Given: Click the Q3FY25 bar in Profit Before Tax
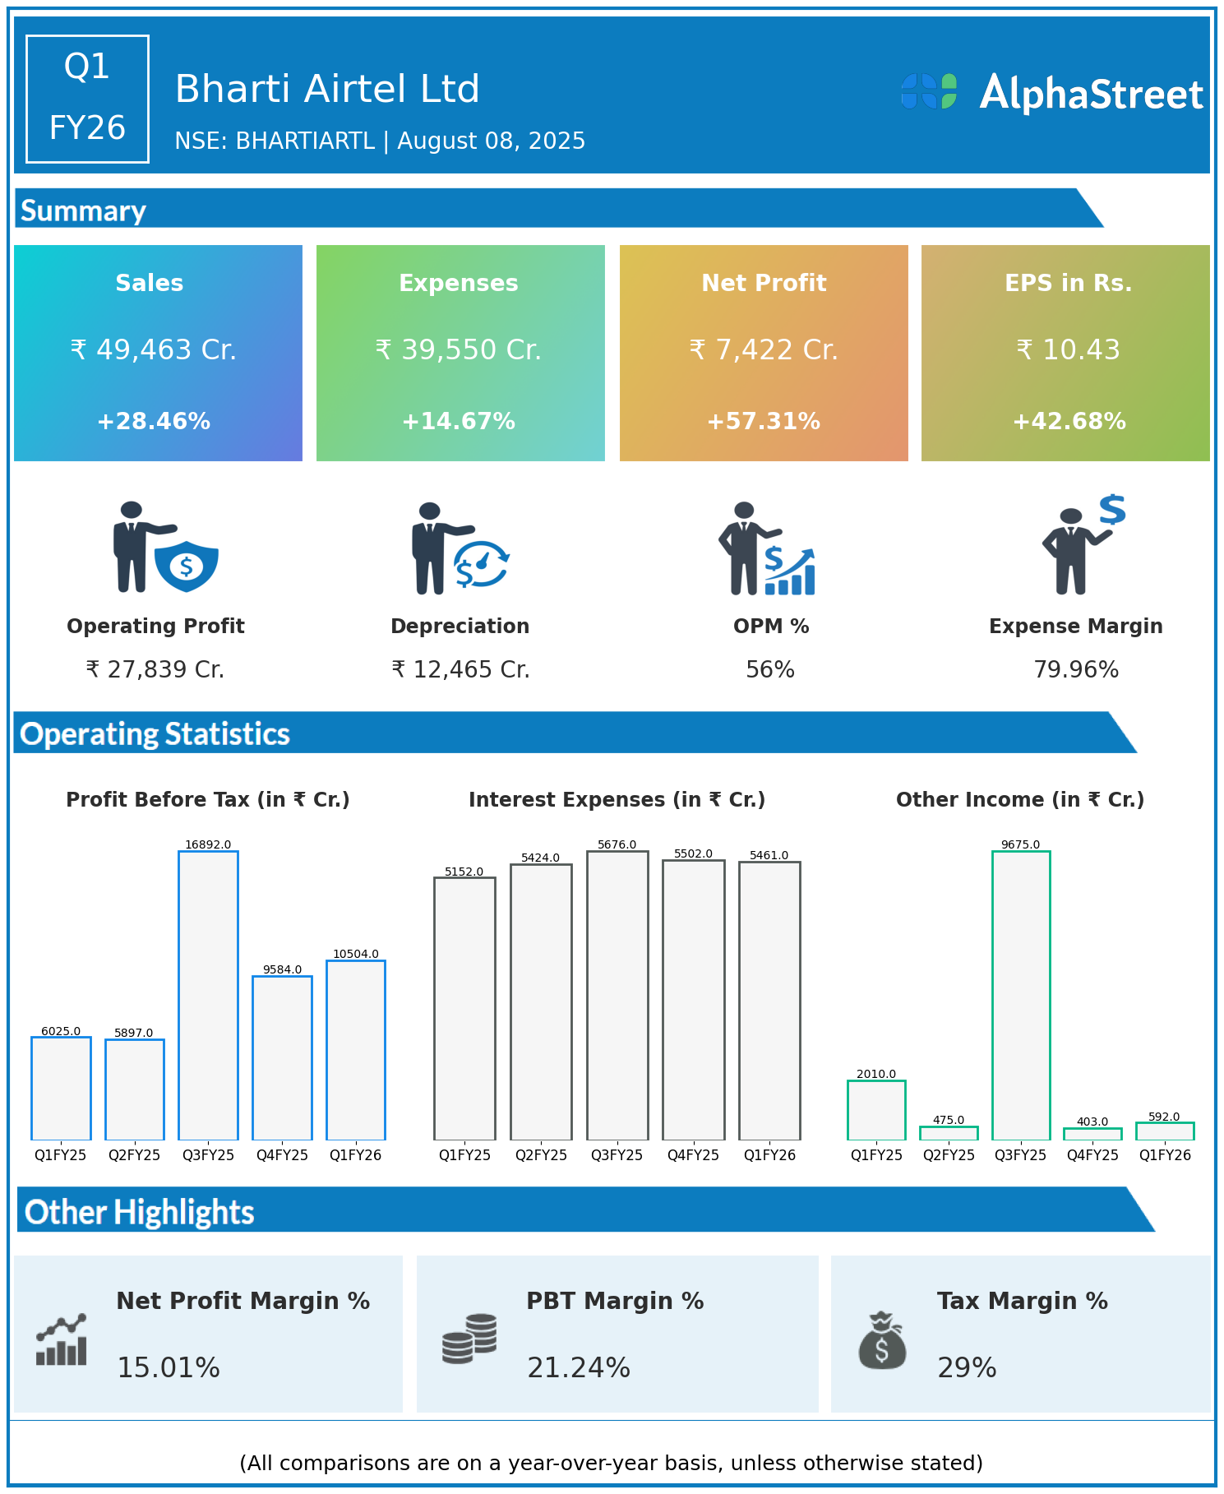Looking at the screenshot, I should (208, 995).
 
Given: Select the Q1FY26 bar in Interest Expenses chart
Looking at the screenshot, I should (769, 1000).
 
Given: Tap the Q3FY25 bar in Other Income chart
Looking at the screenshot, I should (1020, 995).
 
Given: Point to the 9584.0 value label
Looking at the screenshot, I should (282, 969).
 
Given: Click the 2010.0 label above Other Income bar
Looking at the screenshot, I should (876, 1074).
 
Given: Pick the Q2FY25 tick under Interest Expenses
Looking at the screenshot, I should (541, 1154).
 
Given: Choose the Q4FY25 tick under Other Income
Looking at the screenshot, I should (1092, 1154).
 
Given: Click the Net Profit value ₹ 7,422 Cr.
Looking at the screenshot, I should (764, 350).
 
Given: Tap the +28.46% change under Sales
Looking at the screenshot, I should (154, 421).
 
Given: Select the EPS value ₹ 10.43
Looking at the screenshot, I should (1068, 350).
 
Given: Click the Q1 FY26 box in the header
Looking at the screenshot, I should (87, 99).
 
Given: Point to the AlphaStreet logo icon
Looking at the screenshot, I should (929, 91).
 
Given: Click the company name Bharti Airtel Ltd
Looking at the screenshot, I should (327, 89).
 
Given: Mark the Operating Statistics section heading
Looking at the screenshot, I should (155, 733).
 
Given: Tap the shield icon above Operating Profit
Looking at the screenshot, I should (187, 566).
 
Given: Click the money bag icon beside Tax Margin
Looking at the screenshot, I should (882, 1341).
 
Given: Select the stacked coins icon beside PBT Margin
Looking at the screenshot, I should (469, 1339).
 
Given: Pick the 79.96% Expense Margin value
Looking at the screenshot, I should (1076, 670).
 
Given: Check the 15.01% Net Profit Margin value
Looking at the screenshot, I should (169, 1367).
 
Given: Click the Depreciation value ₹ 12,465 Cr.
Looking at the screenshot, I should (460, 670).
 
